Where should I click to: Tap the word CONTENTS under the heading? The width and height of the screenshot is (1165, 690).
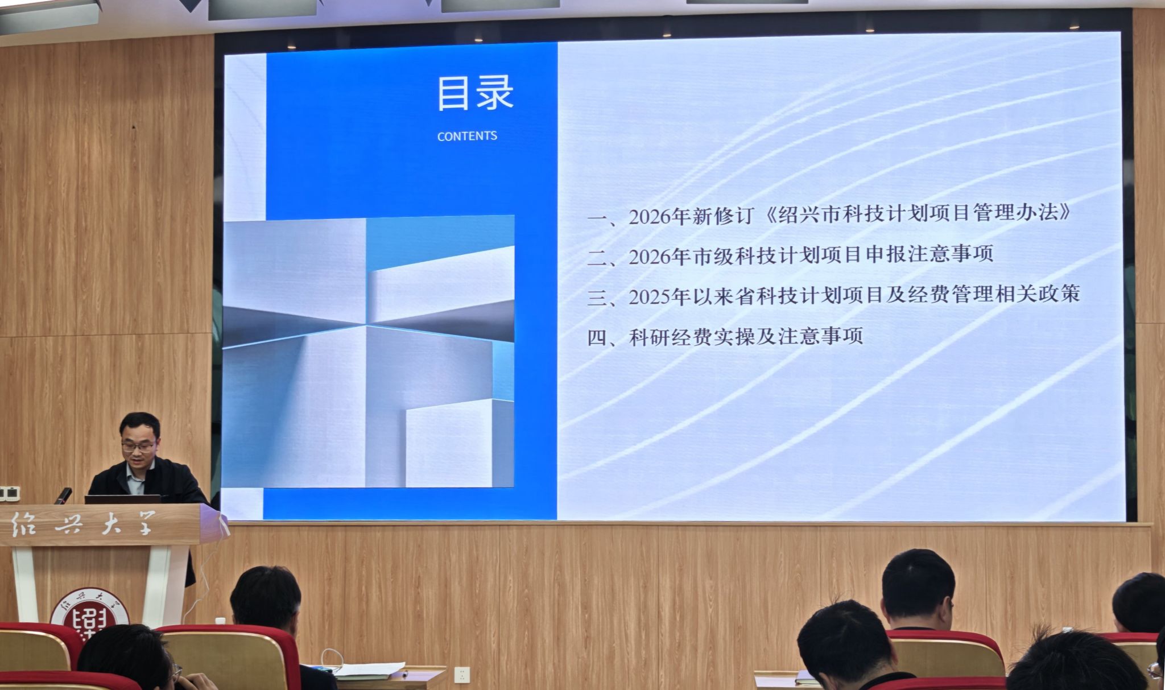coord(467,136)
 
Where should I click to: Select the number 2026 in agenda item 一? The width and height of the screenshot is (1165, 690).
coord(650,217)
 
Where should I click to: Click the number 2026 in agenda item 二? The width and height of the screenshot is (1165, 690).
coord(650,257)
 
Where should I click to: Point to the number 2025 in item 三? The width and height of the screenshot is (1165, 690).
coord(650,297)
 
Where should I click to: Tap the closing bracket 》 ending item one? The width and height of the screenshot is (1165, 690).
coord(1063,212)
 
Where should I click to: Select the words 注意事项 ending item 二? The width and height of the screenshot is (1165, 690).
coord(951,254)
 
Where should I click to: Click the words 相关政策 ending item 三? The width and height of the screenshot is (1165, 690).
coord(1038,294)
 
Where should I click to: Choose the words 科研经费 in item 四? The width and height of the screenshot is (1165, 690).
coord(671,337)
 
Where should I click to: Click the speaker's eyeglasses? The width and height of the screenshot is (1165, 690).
coord(138,447)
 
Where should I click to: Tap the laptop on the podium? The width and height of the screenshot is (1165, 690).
coord(122,499)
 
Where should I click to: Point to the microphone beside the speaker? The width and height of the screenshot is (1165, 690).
coord(63,495)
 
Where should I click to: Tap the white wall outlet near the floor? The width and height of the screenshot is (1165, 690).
coord(462,675)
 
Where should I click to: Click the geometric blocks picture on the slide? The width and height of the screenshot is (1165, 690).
coord(368,352)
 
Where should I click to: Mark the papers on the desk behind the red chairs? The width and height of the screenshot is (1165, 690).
coord(369,670)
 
